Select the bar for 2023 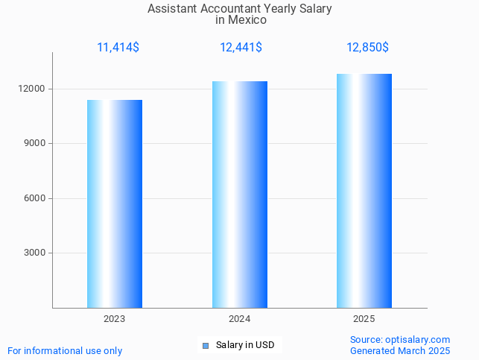tap(115, 203)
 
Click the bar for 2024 tap(239, 195)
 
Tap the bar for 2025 tap(364, 191)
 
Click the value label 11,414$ tap(118, 48)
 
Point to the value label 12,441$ tap(241, 48)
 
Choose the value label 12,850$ tap(367, 48)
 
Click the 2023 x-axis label tap(114, 319)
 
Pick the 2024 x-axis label tap(239, 319)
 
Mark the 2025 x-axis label tap(364, 319)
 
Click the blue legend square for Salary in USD tap(206, 345)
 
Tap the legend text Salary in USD tap(245, 345)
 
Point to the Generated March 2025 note tap(400, 350)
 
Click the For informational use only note tap(65, 350)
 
